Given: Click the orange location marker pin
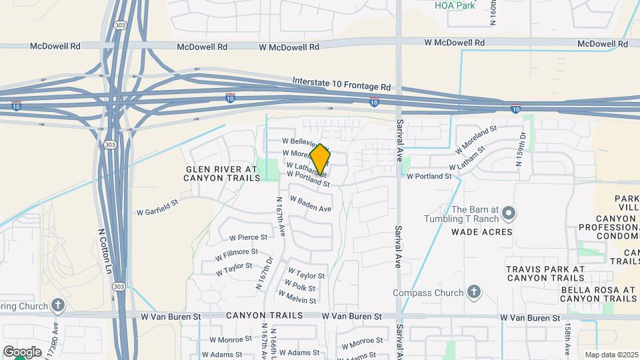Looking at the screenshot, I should pyautogui.click(x=321, y=159).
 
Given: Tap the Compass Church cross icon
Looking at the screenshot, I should pyautogui.click(x=473, y=291).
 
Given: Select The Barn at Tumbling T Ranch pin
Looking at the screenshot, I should pyautogui.click(x=509, y=213).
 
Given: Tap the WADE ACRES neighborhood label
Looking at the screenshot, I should pyautogui.click(x=482, y=232).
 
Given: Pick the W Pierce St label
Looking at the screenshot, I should pyautogui.click(x=248, y=237).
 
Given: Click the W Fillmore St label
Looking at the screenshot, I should pyautogui.click(x=236, y=254).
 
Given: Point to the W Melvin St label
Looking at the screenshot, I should pyautogui.click(x=297, y=297).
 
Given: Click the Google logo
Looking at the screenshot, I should pyautogui.click(x=22, y=351).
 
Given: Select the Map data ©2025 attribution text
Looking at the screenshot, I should pyautogui.click(x=611, y=355).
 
